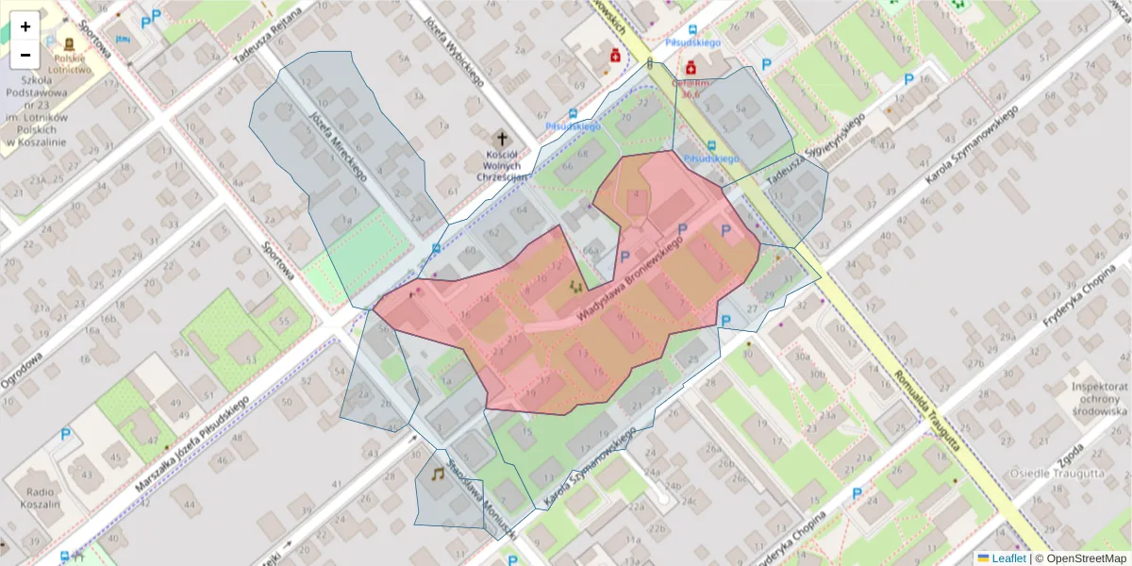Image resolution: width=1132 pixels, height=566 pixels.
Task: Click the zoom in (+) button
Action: click(x=25, y=26)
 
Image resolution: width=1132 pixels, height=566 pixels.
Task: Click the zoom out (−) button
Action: click(x=25, y=55)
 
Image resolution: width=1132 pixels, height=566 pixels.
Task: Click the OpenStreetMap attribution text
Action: click(x=1080, y=558)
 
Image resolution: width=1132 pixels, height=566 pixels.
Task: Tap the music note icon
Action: click(x=438, y=474)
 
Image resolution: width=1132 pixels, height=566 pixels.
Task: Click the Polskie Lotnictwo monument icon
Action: click(x=70, y=44)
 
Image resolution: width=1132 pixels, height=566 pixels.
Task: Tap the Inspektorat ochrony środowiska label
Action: click(x=1100, y=399)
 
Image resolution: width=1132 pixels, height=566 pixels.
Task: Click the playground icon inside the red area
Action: click(x=575, y=285)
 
